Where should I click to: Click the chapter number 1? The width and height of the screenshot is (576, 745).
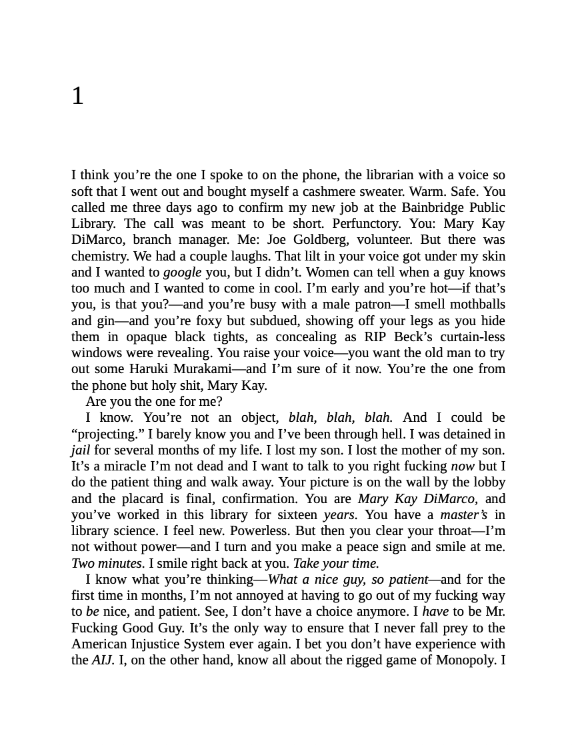coord(78,96)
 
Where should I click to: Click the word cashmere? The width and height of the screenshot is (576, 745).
coord(331,191)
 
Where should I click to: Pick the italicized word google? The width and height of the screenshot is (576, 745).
coord(182,272)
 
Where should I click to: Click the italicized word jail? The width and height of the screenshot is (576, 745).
coord(80,450)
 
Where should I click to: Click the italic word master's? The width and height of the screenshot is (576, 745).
coord(463,514)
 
